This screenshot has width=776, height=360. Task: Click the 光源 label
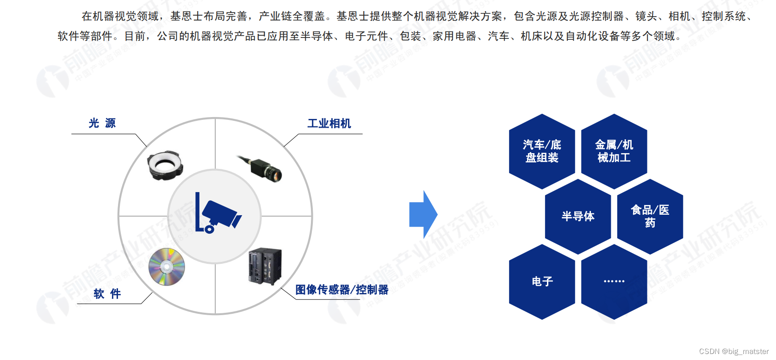pyautogui.click(x=102, y=123)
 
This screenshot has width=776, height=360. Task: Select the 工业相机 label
pyautogui.click(x=329, y=124)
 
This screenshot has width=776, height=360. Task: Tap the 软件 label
pyautogui.click(x=107, y=294)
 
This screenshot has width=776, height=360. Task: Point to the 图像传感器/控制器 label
pyautogui.click(x=341, y=290)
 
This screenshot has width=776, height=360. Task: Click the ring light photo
pyautogui.click(x=165, y=165)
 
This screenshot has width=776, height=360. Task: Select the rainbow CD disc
pyautogui.click(x=167, y=267)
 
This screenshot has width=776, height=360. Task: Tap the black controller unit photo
pyautogui.click(x=265, y=266)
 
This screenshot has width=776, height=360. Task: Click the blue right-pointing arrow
pyautogui.click(x=423, y=215)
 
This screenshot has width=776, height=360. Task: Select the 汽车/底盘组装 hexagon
pyautogui.click(x=542, y=151)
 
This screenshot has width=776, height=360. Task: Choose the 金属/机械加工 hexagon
pyautogui.click(x=614, y=151)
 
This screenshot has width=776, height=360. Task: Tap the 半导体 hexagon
pyautogui.click(x=578, y=216)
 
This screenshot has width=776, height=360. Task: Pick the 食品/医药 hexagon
pyautogui.click(x=650, y=216)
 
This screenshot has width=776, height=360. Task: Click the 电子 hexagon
pyautogui.click(x=542, y=281)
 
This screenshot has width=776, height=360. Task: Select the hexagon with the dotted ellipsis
pyautogui.click(x=614, y=281)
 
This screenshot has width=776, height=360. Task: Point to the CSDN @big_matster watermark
pyautogui.click(x=734, y=352)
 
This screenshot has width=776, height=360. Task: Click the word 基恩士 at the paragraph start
pyautogui.click(x=187, y=16)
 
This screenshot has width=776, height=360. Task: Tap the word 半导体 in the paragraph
pyautogui.click(x=317, y=36)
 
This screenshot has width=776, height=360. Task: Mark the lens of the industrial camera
pyautogui.click(x=276, y=175)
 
